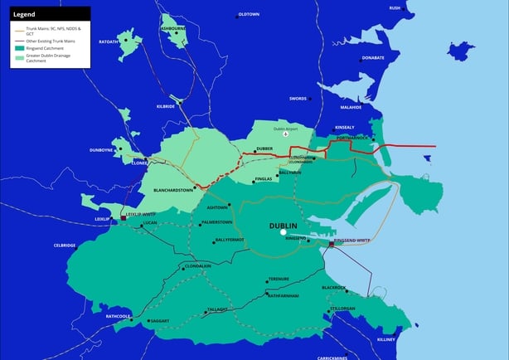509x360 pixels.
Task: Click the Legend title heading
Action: pyautogui.click(x=24, y=14)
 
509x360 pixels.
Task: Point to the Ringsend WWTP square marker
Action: pyautogui.click(x=332, y=245)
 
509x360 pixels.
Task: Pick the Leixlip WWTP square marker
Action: pyautogui.click(x=124, y=217)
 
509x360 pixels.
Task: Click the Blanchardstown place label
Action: pyautogui.click(x=173, y=190)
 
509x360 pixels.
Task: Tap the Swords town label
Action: pyautogui.click(x=298, y=99)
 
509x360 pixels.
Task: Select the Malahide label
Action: pyautogui.click(x=351, y=107)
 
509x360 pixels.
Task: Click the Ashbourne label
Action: pyautogui.click(x=173, y=28)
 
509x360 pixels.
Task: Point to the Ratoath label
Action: pyautogui.click(x=109, y=41)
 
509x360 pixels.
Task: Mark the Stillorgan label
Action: pyautogui.click(x=342, y=309)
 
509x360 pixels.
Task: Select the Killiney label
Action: pyautogui.click(x=386, y=339)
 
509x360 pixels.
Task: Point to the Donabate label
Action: pyautogui.click(x=373, y=58)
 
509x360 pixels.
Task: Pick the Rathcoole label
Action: pyautogui.click(x=119, y=316)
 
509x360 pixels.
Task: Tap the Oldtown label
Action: pyautogui.click(x=249, y=15)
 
